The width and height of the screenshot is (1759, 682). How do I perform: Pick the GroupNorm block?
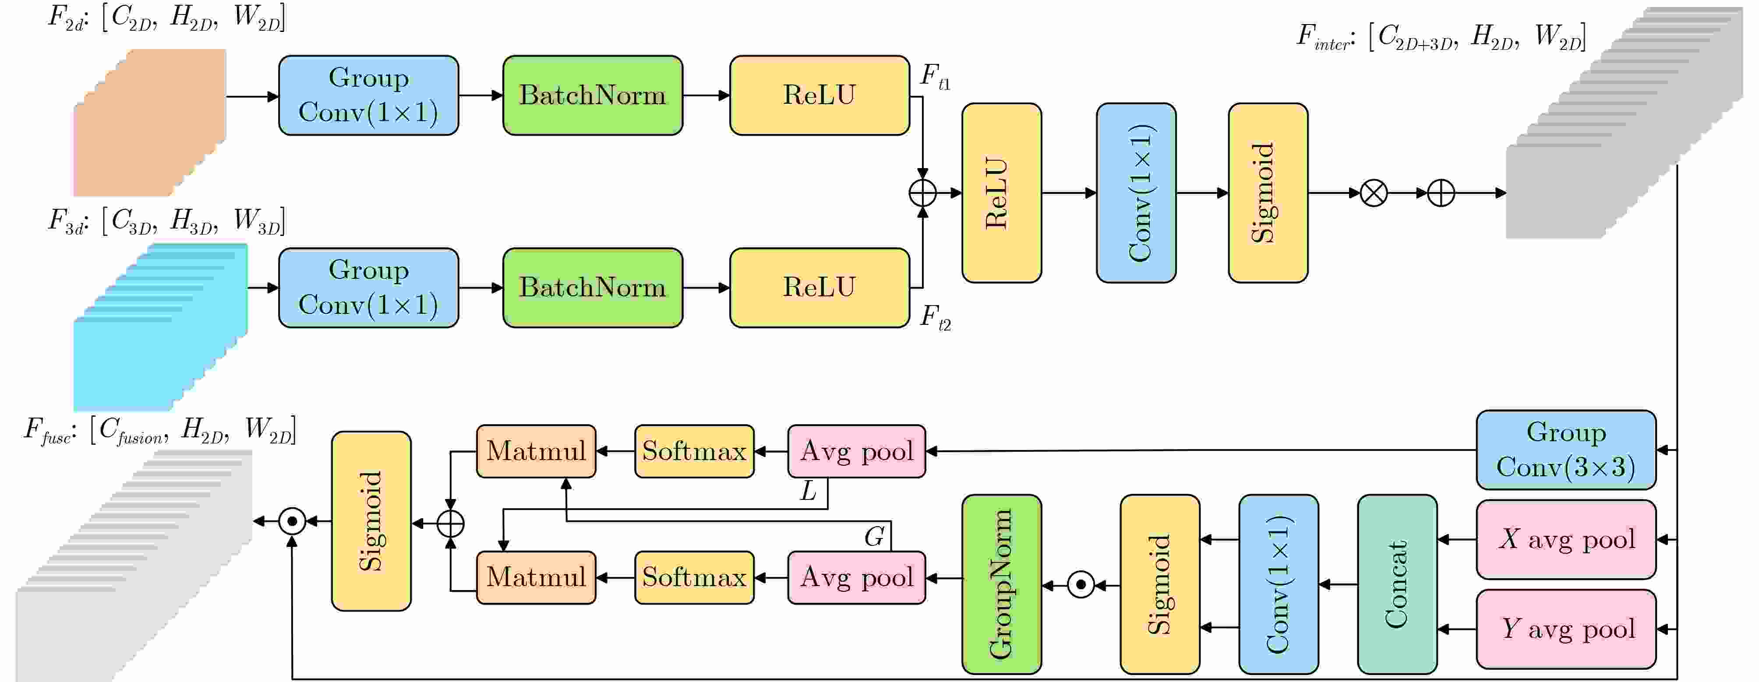[x=1001, y=584]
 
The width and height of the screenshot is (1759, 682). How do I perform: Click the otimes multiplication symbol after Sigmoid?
[x=1373, y=193]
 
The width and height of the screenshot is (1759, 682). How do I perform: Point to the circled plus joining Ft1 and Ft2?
[x=922, y=193]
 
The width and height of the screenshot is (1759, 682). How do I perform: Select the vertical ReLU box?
[x=1001, y=193]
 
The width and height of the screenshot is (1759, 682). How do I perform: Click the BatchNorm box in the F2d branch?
[x=592, y=95]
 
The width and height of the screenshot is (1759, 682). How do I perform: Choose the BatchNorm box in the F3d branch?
[x=592, y=288]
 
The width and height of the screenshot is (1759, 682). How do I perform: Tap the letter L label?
[x=809, y=491]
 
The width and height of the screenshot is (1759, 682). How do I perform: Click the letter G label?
[x=874, y=537]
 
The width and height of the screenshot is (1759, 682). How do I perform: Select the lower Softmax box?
[x=694, y=577]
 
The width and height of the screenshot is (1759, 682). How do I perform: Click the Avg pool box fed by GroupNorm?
[x=856, y=577]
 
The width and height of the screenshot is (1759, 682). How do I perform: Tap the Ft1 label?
[x=934, y=77]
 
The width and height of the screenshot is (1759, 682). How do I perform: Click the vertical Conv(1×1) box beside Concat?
[x=1278, y=584]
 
